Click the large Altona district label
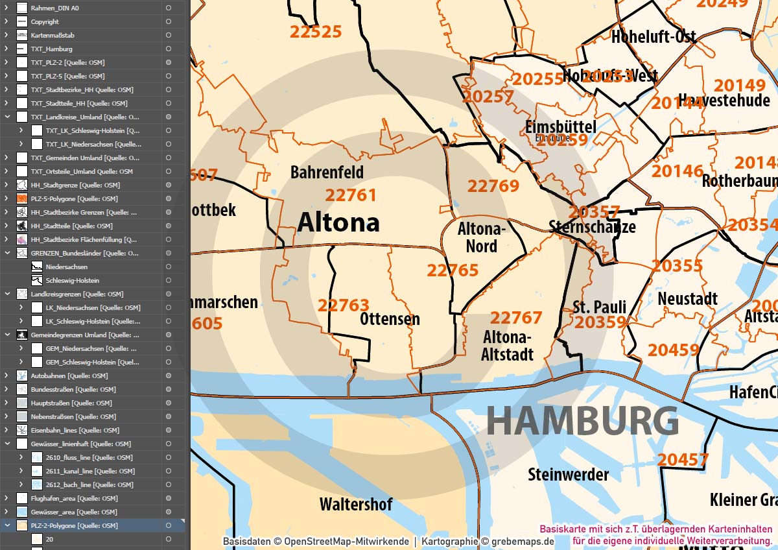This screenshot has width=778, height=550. [x=338, y=222]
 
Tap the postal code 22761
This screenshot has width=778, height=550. [x=351, y=195]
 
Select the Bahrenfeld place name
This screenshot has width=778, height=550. [x=327, y=173]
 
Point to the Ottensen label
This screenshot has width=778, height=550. [x=390, y=319]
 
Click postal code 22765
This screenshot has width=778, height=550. [x=453, y=270]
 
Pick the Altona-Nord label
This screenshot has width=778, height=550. [x=481, y=237]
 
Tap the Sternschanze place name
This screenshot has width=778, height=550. [x=592, y=227]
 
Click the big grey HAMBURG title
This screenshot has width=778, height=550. [x=582, y=420]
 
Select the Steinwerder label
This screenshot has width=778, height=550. [x=568, y=475]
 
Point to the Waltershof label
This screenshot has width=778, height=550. [x=356, y=504]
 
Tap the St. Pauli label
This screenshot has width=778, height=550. [x=599, y=306]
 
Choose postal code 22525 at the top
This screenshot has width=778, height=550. [x=316, y=32]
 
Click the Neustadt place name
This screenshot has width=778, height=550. [x=687, y=299]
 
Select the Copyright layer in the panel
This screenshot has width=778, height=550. [x=45, y=21]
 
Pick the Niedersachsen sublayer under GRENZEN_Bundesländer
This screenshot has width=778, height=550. [x=67, y=267]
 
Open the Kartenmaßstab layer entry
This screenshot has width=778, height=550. [x=53, y=35]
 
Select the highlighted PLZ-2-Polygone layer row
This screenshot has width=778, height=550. [x=74, y=525]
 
